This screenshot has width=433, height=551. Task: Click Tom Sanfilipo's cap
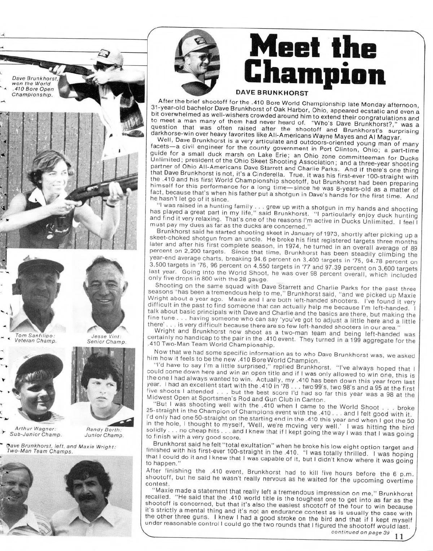(34, 266)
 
